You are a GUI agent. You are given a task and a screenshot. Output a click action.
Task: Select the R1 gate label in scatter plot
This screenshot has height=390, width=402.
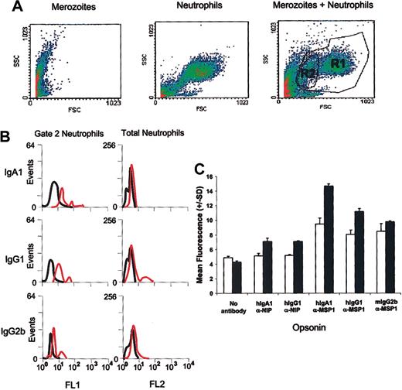pyautogui.click(x=337, y=65)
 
